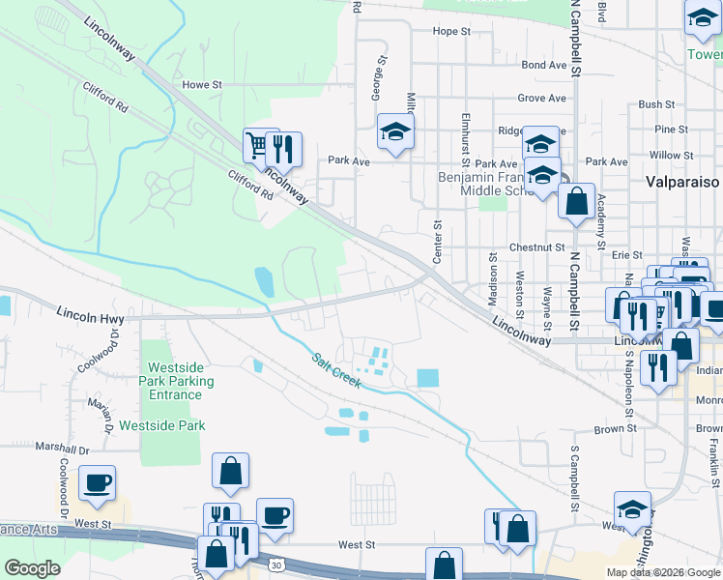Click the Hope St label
point(451,32)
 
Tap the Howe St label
point(202,85)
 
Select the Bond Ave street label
point(543,66)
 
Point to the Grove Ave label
point(541,99)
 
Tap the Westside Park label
point(162,425)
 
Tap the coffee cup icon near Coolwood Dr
point(97,481)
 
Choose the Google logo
point(33,568)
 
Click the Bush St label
point(656,104)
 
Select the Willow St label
point(665,155)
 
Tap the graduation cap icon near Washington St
point(632,507)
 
